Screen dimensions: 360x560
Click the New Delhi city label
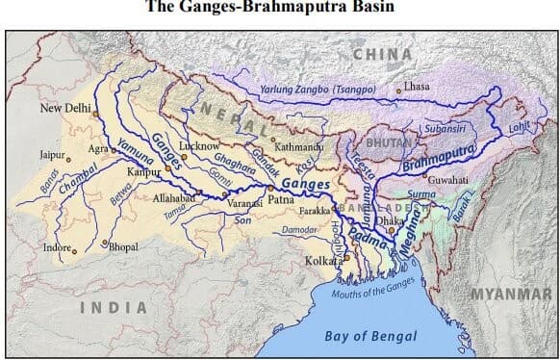[64, 109]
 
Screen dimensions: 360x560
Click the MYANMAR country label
[510, 294]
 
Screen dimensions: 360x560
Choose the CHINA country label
[384, 54]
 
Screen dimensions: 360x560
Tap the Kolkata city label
[319, 261]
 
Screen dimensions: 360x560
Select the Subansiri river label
[445, 127]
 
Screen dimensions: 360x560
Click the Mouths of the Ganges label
[369, 292]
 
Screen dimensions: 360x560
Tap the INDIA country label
[113, 307]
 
